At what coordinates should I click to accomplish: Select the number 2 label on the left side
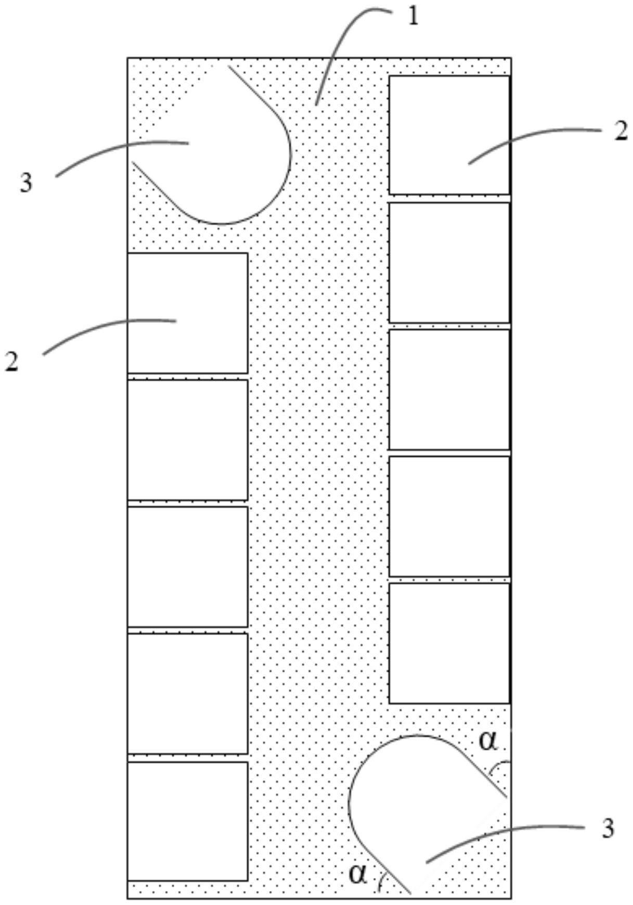[x=12, y=361]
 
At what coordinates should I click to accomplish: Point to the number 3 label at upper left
[x=26, y=183]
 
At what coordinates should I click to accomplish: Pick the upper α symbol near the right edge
[x=488, y=741]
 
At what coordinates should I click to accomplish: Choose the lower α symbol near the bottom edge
[x=358, y=874]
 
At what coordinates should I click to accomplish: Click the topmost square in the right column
[x=449, y=135]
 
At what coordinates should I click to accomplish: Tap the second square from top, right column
[x=449, y=263]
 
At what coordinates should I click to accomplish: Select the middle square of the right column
[x=449, y=390]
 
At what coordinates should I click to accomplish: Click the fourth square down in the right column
[x=449, y=516]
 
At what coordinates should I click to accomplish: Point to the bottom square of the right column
[x=449, y=643]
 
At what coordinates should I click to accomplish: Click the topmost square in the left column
[x=187, y=313]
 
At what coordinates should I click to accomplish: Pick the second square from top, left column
[x=187, y=440]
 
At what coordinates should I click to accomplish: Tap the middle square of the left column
[x=187, y=567]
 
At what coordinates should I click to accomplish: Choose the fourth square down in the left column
[x=187, y=693]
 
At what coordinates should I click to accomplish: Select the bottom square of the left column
[x=187, y=821]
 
